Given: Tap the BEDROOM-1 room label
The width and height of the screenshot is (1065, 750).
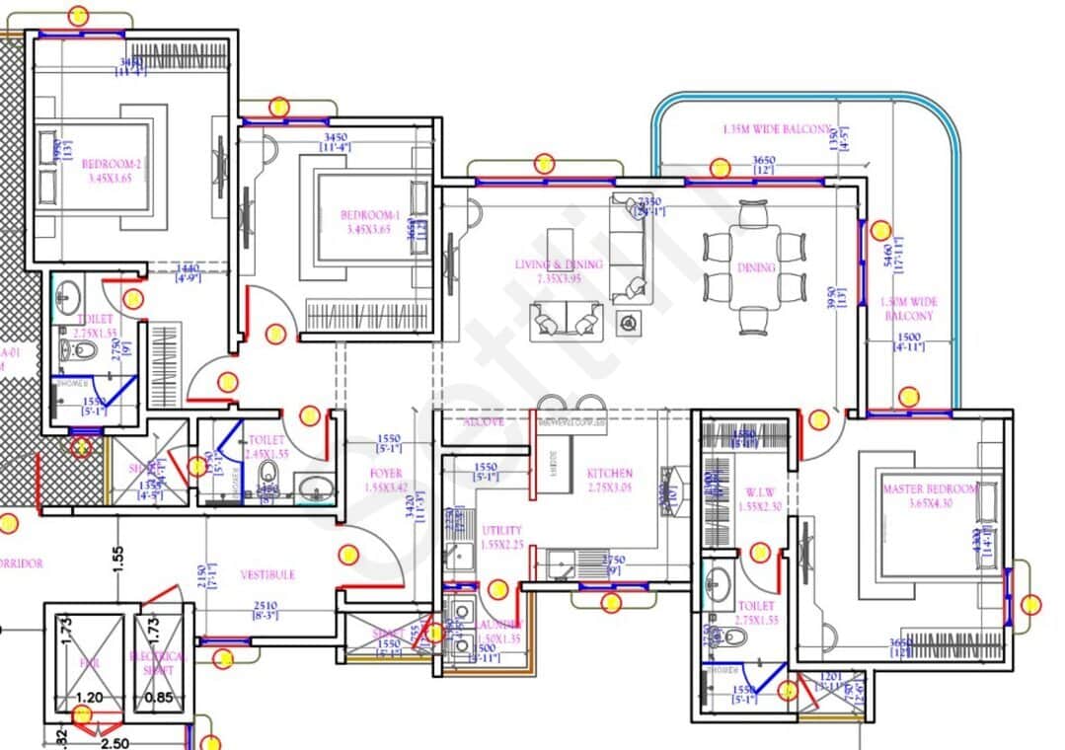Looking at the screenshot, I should point(370,215).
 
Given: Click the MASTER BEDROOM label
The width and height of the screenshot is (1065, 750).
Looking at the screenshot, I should point(929,489).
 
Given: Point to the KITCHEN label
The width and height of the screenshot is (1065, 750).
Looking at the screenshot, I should point(609,474).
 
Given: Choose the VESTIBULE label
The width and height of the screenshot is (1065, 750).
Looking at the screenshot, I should point(267,574).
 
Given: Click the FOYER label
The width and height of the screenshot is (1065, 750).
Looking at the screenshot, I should point(385,474).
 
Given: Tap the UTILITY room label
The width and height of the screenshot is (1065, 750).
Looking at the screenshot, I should point(501,531).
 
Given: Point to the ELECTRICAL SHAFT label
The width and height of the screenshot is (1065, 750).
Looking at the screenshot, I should point(157,663).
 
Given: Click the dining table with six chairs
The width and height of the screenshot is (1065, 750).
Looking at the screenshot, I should point(755,267).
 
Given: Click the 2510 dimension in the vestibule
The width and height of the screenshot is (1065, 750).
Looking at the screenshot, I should point(265,606).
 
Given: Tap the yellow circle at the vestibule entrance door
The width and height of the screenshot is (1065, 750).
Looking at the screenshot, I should point(348,555).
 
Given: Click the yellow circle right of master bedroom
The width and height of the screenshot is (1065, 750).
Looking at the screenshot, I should point(1031,604).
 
